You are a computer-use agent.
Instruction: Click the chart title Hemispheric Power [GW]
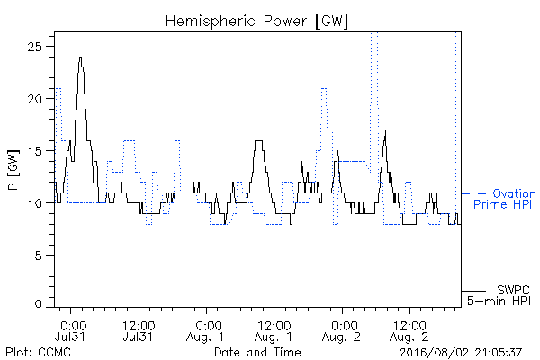pos(256,22)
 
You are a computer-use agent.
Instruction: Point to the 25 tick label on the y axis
pos(34,47)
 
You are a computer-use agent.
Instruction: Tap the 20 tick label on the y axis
pos(34,99)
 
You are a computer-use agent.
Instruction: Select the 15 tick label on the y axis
pos(34,151)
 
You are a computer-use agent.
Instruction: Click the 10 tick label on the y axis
pos(34,203)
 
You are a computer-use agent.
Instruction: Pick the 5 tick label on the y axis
pos(38,256)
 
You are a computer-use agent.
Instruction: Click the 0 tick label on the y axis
pos(38,304)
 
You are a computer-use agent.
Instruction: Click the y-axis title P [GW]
pos(13,169)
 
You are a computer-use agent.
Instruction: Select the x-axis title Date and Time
pos(257,353)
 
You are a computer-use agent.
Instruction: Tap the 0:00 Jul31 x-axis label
pos(71,330)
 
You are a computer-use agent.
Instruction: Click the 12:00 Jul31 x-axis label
pos(139,330)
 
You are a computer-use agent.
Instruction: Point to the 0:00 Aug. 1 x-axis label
pos(206,330)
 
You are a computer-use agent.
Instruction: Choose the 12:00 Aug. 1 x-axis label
pos(274,330)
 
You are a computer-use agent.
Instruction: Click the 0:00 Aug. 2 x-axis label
pos(342,330)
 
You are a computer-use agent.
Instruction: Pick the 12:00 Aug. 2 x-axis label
pos(409,330)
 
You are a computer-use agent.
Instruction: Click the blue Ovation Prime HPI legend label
pos(504,199)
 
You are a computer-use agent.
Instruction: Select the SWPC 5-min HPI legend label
pos(499,295)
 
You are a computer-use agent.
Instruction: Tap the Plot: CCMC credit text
pos(38,353)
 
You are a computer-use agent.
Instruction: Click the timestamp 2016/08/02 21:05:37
pos(461,353)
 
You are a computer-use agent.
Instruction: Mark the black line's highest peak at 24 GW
pos(80,58)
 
